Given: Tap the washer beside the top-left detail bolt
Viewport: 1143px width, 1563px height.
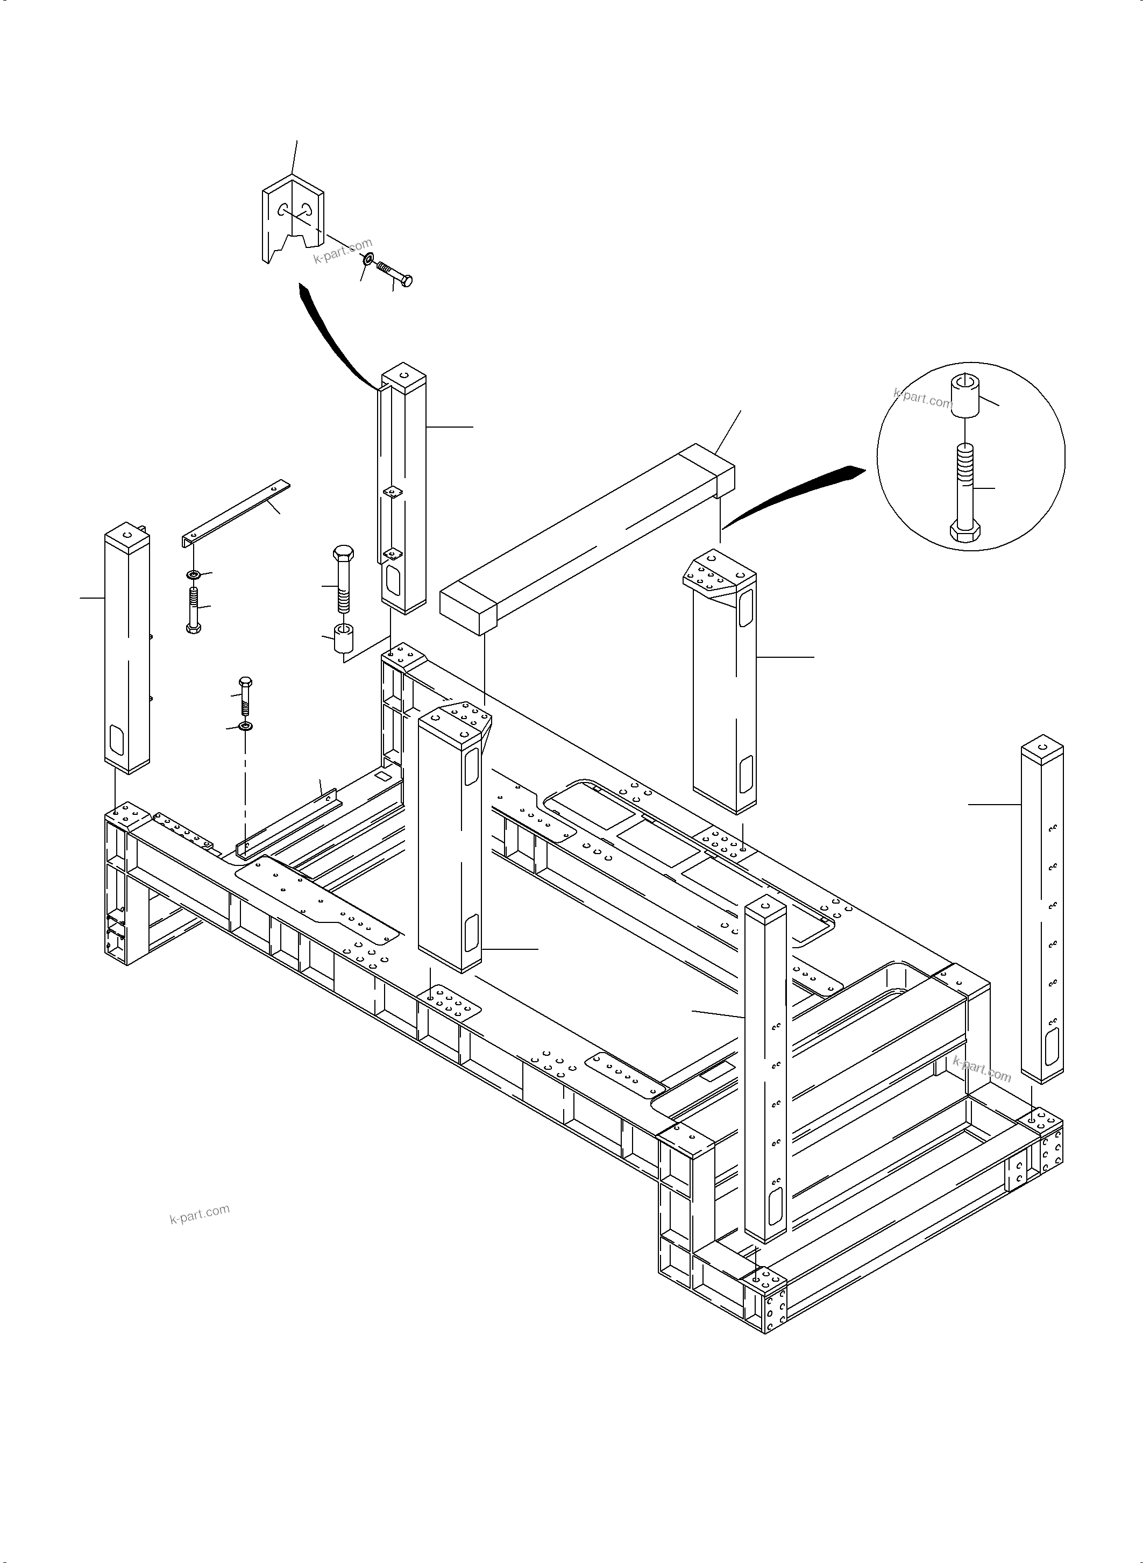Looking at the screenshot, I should point(368,259).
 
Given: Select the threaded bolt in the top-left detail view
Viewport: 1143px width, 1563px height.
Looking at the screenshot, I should point(394,273).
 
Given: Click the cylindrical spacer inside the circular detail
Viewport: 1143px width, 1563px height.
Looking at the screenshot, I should point(967,396).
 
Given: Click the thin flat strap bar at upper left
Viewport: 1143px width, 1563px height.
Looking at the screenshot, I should point(235,510).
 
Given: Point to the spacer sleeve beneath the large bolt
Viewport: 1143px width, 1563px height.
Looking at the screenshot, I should point(344,638).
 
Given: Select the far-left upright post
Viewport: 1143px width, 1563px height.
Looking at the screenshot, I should point(127,650).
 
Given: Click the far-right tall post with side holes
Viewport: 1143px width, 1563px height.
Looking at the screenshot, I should point(1042,913).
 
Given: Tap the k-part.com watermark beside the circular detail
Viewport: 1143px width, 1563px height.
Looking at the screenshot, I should point(922,398).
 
